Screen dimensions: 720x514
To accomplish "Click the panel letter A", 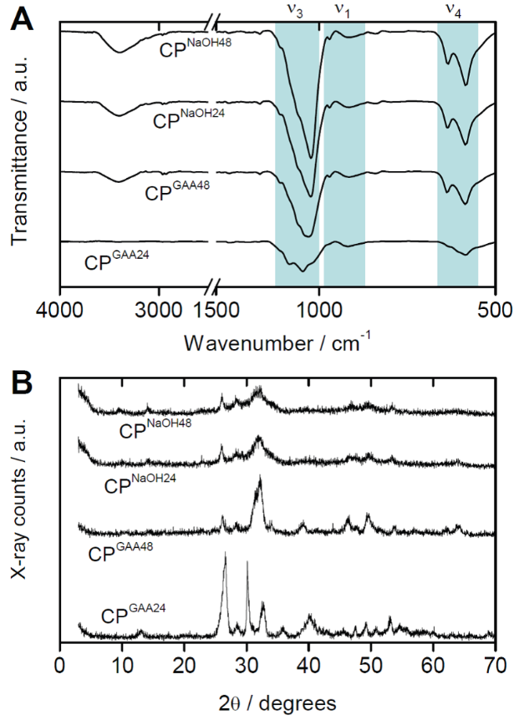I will click(23, 18).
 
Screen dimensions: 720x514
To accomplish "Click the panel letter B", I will click(23, 382).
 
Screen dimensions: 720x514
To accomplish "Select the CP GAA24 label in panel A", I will click(121, 260).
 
